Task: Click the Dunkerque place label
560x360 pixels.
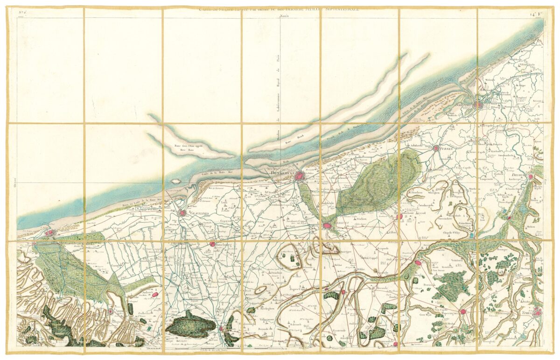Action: pyautogui.click(x=283, y=173)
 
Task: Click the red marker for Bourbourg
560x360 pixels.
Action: pyautogui.click(x=212, y=244)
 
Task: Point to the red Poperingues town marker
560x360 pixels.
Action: pyautogui.click(x=462, y=311)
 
